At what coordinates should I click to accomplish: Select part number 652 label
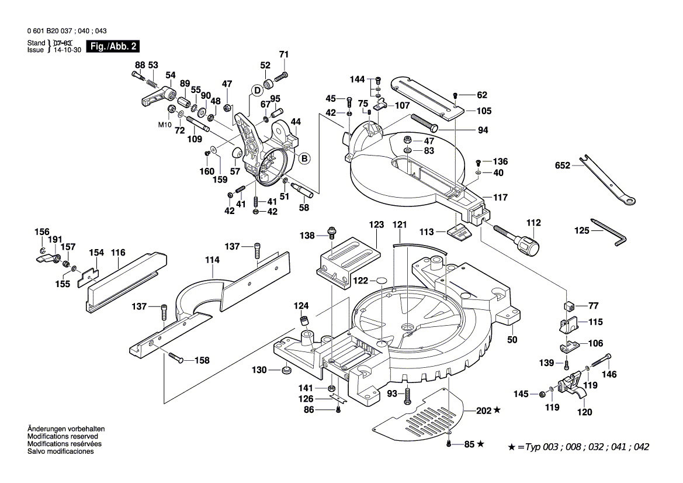tap(563, 167)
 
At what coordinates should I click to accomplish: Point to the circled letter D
tap(256, 90)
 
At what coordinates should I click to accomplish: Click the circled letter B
tap(304, 158)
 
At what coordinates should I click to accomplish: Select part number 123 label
tap(376, 225)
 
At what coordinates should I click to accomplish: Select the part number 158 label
tap(201, 361)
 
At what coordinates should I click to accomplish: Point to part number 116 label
tap(119, 253)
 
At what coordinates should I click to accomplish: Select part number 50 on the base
tap(512, 340)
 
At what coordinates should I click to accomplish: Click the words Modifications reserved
tap(63, 436)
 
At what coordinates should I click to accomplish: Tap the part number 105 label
tap(484, 111)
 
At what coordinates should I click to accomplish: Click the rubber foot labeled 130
tap(286, 371)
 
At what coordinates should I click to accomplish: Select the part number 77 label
tap(594, 305)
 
